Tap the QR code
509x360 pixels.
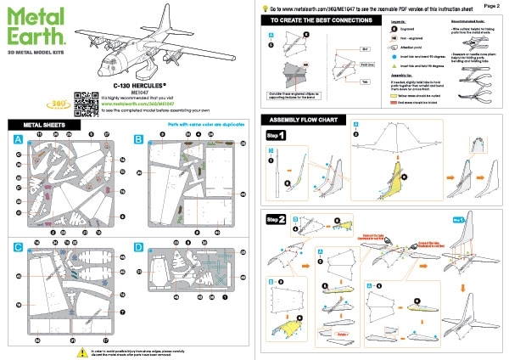pos(82,102)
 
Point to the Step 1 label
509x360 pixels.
pos(276,136)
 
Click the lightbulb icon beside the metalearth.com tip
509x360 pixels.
pos(264,6)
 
